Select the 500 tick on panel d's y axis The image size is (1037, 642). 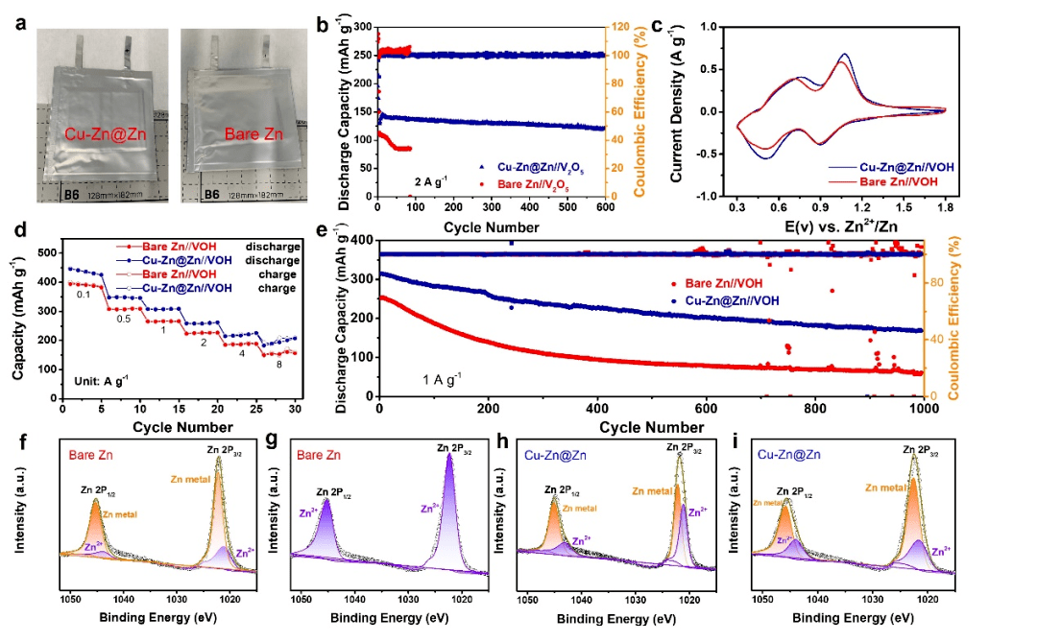pos(45,252)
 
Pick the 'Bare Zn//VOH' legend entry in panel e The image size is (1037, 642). pos(719,284)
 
